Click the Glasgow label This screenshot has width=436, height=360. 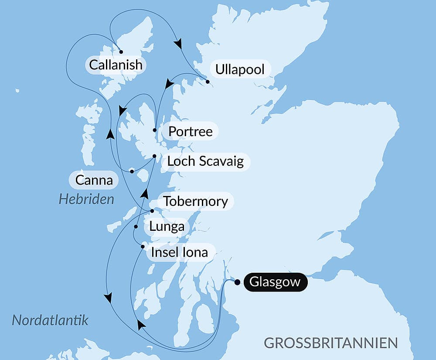[x=275, y=282]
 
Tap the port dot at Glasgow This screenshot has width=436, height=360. [x=237, y=282]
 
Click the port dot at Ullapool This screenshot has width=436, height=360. [x=208, y=82]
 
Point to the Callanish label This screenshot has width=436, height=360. [x=116, y=65]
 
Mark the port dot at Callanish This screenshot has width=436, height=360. [x=121, y=52]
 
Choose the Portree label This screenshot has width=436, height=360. [x=191, y=131]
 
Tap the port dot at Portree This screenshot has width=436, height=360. [x=155, y=130]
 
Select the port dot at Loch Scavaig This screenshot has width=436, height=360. [x=154, y=156]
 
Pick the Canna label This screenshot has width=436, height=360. [x=94, y=180]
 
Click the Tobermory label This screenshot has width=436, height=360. [x=195, y=201]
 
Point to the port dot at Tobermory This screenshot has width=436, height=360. [x=152, y=211]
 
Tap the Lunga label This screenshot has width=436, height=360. [x=167, y=227]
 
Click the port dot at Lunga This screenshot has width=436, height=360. [x=136, y=227]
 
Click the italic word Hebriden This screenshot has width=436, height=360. [x=86, y=199]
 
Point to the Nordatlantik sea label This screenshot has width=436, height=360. [x=50, y=320]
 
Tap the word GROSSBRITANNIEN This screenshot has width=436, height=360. [x=331, y=343]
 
